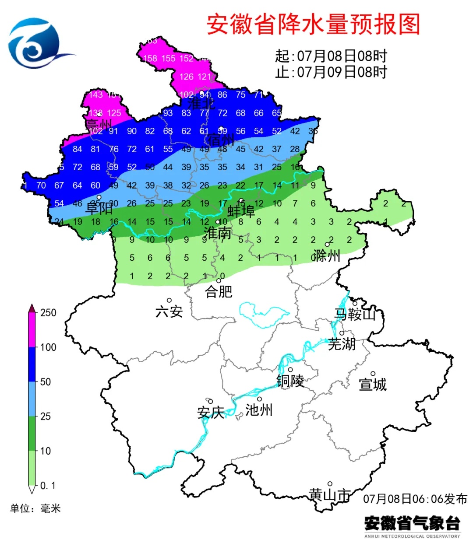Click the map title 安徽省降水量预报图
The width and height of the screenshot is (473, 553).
tap(313, 24)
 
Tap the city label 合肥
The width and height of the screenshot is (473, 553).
tap(219, 291)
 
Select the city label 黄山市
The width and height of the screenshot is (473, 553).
tap(329, 495)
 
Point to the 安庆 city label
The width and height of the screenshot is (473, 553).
tap(211, 412)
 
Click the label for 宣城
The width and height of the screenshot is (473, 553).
tap(373, 385)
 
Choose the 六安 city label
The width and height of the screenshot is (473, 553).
tap(169, 311)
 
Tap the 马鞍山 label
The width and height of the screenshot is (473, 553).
tap(355, 314)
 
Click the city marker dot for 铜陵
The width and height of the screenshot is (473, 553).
tap(290, 370)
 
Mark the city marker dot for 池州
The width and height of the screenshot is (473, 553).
tap(259, 399)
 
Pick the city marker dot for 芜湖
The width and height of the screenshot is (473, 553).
tap(342, 333)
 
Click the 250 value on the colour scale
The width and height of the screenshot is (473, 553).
tap(48, 312)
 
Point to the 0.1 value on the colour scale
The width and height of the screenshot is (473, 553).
tap(48, 486)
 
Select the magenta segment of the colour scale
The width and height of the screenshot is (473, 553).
tap(32, 330)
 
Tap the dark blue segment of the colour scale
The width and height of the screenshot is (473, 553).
tap(32, 364)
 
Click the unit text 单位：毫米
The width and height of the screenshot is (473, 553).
tap(35, 508)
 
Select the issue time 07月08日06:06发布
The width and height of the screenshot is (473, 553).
tap(415, 499)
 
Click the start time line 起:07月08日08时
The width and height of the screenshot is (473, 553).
tap(331, 56)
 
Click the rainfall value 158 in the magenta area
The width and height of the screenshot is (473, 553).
tap(150, 58)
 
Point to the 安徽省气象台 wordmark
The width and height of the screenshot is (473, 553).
tap(412, 523)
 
